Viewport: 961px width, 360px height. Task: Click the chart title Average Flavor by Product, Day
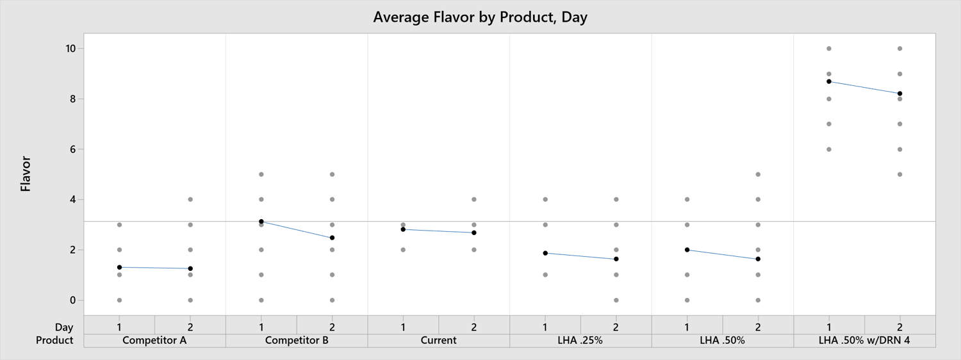(480, 17)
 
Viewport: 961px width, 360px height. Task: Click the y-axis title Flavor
(26, 174)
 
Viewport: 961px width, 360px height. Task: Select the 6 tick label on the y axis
(73, 149)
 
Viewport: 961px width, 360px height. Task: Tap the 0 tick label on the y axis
(73, 300)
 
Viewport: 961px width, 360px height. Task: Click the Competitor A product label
(154, 340)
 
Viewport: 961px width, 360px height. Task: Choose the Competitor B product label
(297, 340)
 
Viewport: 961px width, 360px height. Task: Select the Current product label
(438, 340)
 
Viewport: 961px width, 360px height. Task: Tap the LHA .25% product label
(580, 340)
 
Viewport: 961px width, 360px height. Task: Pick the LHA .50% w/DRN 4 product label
(864, 340)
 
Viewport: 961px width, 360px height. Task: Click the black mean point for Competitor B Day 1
(261, 222)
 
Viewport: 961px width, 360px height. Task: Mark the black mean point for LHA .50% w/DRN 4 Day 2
(900, 94)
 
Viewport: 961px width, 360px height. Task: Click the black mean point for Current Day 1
(403, 229)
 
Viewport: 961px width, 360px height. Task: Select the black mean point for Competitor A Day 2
(190, 268)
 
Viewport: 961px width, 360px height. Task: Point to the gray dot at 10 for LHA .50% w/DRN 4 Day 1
(829, 49)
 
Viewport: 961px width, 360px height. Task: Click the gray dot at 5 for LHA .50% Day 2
(758, 174)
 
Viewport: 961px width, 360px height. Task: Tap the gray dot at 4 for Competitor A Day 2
(190, 199)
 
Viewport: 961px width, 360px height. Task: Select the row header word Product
(54, 340)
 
